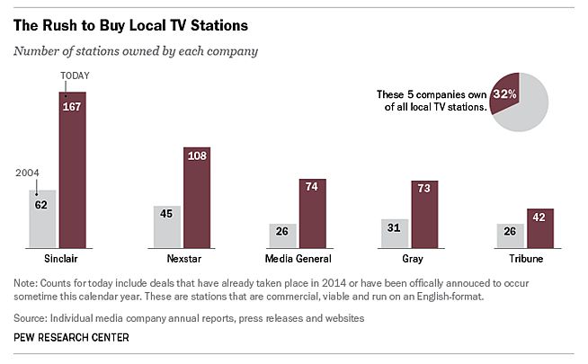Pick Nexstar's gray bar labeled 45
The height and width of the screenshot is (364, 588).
168,226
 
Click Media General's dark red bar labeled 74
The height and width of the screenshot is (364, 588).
312,212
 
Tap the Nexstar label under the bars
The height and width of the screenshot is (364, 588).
183,259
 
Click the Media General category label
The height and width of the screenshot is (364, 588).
298,259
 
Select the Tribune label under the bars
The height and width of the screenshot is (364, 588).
525,259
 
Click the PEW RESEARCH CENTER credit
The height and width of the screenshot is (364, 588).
72,337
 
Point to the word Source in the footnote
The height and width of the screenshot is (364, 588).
29,318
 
